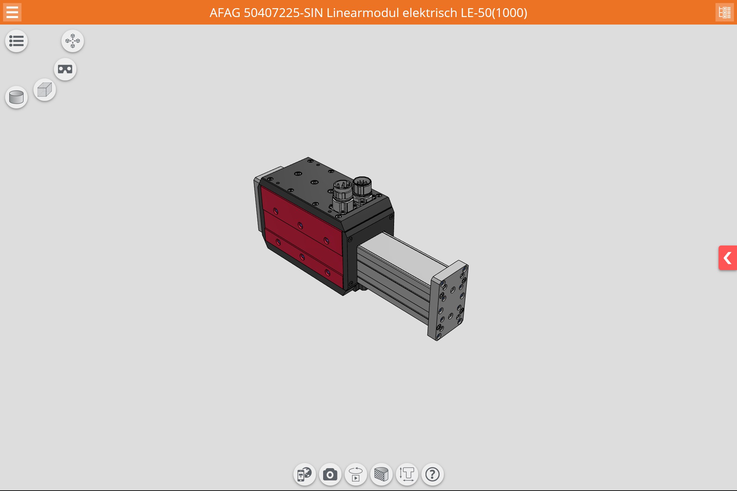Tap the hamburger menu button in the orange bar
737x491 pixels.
coord(12,12)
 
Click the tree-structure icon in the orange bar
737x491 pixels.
coord(724,12)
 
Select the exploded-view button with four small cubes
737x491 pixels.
coord(73,41)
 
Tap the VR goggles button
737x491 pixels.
coord(65,69)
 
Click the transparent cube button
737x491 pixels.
coord(45,90)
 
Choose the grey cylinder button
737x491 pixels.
coord(16,97)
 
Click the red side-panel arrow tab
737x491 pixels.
coord(728,258)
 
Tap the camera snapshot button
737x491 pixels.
coord(330,474)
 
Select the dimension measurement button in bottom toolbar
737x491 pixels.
coord(407,474)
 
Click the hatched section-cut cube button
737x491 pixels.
coord(381,474)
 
